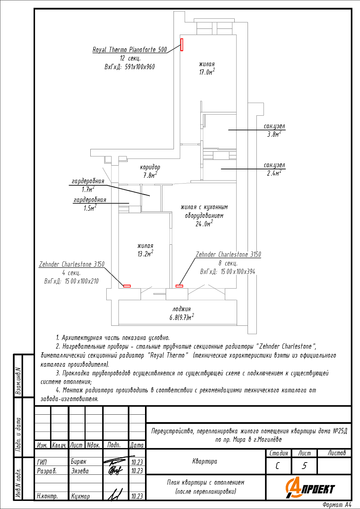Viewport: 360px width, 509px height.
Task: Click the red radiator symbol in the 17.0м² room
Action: pyautogui.click(x=182, y=45)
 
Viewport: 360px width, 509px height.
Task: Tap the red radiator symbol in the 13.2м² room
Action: pyautogui.click(x=127, y=286)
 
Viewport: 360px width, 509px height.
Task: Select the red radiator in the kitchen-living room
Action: pyautogui.click(x=179, y=286)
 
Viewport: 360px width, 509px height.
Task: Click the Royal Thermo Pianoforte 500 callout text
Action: pyautogui.click(x=130, y=50)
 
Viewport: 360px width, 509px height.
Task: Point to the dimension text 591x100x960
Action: pyautogui.click(x=140, y=67)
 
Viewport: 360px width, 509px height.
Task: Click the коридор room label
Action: pyautogui.click(x=150, y=167)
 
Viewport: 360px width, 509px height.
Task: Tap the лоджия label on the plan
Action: pyautogui.click(x=181, y=309)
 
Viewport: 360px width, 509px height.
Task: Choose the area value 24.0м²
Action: pyautogui.click(x=204, y=224)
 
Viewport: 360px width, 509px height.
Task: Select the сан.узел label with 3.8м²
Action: pyautogui.click(x=274, y=126)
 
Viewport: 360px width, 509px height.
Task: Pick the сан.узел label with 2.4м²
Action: pyautogui.click(x=274, y=165)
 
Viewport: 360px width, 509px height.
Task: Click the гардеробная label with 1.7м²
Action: pyautogui.click(x=88, y=181)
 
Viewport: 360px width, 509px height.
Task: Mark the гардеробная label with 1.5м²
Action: pyautogui.click(x=90, y=200)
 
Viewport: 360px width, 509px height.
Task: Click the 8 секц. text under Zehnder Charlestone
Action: pyautogui.click(x=228, y=263)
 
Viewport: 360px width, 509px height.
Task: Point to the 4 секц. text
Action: pyautogui.click(x=71, y=273)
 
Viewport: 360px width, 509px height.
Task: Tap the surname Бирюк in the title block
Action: pyautogui.click(x=78, y=461)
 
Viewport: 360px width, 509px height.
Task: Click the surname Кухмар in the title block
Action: pyautogui.click(x=80, y=496)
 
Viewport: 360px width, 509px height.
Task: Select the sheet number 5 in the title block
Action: pyautogui.click(x=304, y=466)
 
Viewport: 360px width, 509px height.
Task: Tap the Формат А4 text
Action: pyautogui.click(x=337, y=505)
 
